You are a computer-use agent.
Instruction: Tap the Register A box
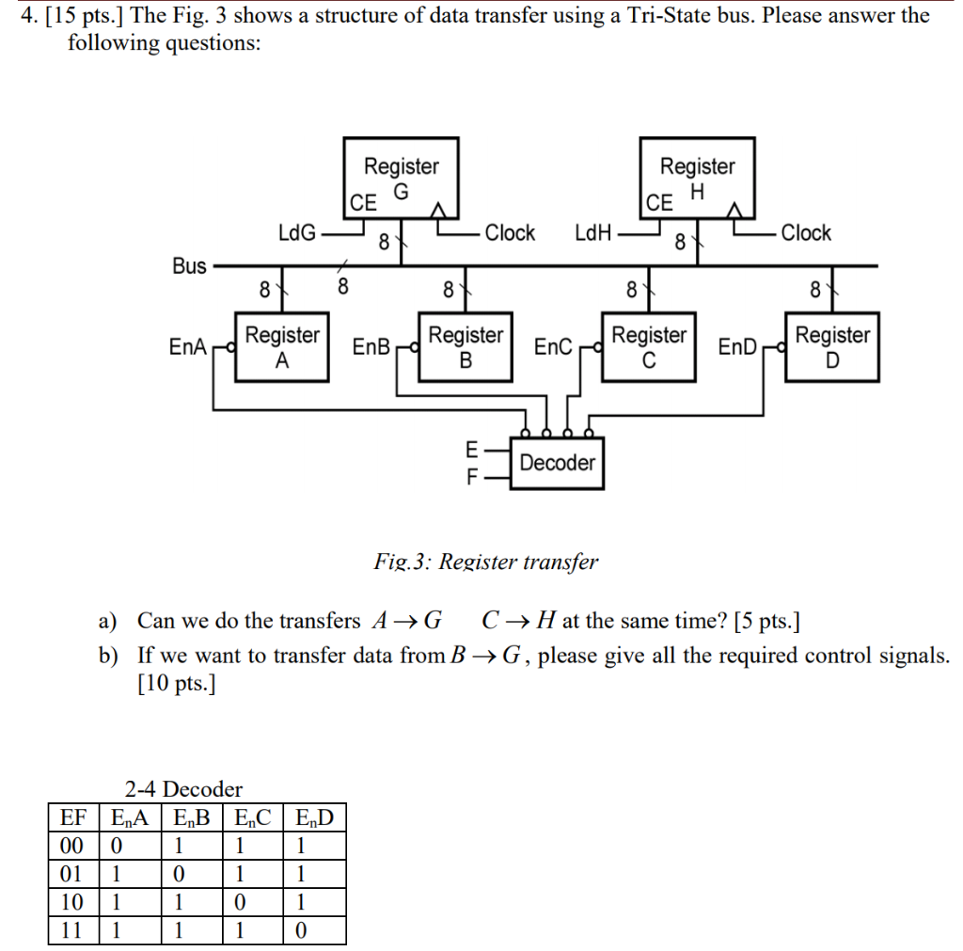pos(281,346)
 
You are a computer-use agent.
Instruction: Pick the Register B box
pos(466,346)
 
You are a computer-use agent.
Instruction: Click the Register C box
pos(649,346)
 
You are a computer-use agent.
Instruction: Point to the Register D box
pos(832,346)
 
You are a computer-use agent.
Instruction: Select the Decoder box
pos(557,463)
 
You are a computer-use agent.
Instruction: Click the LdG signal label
pos(297,232)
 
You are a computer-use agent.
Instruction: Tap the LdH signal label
pos(592,232)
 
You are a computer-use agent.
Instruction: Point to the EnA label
pos(187,347)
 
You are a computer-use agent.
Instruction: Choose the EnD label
pos(736,347)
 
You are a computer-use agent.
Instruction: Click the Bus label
pos(189,266)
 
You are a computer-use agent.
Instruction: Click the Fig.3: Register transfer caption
pos(485,563)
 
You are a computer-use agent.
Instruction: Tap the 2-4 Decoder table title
pos(183,788)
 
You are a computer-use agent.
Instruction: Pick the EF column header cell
pos(72,816)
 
